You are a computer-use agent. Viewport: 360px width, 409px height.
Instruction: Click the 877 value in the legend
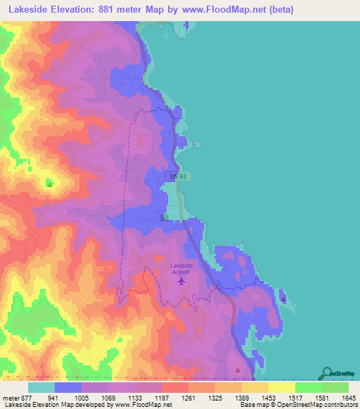(x=25, y=397)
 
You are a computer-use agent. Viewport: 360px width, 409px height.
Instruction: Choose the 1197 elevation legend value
(x=162, y=397)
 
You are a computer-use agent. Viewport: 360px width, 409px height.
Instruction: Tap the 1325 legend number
(x=215, y=397)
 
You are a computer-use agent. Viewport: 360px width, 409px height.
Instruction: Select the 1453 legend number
(x=269, y=397)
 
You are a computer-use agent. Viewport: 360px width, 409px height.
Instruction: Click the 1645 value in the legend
(x=349, y=397)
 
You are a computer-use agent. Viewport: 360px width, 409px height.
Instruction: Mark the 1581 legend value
(x=322, y=397)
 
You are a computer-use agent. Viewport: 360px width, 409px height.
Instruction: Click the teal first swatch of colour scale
(x=41, y=387)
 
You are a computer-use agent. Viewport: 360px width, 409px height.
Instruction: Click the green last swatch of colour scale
(x=335, y=387)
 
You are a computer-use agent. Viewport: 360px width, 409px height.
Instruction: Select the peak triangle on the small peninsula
(x=283, y=299)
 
